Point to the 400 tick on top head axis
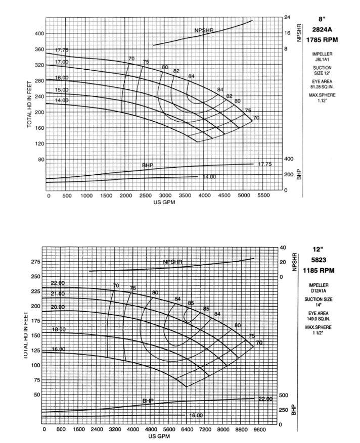(x=39, y=33)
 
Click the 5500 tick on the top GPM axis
(x=263, y=195)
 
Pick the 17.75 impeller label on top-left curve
(x=62, y=50)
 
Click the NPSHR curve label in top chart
(x=204, y=31)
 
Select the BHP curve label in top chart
(x=147, y=166)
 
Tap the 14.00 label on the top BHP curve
(x=209, y=177)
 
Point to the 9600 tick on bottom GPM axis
(x=259, y=429)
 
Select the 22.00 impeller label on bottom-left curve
(x=58, y=283)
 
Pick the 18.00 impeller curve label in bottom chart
(x=59, y=329)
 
